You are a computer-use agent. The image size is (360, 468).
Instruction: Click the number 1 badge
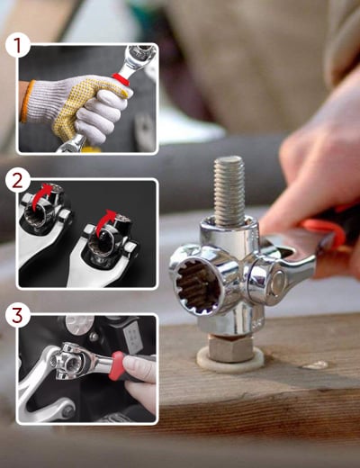18,47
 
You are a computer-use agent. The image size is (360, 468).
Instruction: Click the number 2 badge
18,181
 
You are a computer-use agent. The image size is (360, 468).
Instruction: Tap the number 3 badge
18,316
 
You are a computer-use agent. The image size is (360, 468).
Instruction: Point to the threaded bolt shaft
229,191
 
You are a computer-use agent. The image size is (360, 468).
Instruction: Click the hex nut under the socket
230,348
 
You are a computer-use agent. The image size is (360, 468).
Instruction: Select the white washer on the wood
230,360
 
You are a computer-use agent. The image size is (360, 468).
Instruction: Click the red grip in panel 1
121,80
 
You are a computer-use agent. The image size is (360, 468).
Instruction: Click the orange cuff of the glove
25,101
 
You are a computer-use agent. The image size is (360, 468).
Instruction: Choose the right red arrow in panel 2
105,222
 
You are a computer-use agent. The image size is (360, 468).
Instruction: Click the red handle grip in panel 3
119,365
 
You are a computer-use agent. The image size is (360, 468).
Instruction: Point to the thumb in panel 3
139,365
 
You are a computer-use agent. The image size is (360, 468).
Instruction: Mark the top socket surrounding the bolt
229,230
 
